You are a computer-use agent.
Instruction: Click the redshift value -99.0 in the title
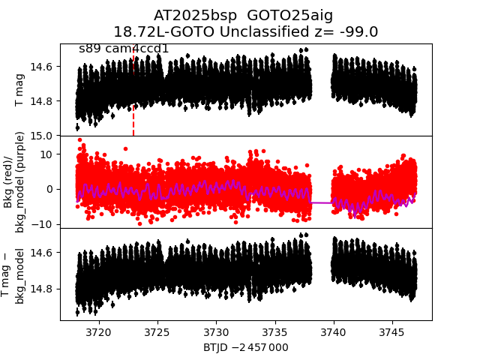[359, 31]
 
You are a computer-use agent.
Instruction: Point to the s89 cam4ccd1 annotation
[124, 49]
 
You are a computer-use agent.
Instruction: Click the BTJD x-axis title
[245, 347]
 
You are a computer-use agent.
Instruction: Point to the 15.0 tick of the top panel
[44, 136]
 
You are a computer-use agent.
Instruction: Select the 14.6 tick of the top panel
[44, 67]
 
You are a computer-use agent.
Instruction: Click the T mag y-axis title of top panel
[20, 90]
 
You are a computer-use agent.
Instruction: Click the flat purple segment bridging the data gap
[321, 202]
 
